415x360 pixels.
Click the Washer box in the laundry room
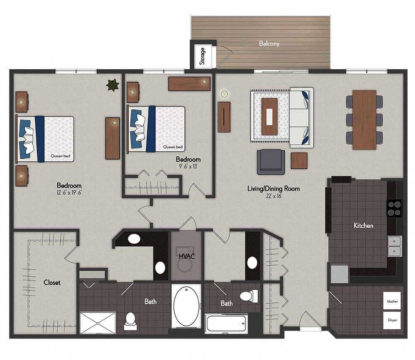392,301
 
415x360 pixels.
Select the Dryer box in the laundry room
392,320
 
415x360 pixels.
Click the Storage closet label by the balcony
203,56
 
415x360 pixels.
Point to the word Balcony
269,43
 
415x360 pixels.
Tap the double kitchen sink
394,246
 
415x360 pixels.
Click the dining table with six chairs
364,119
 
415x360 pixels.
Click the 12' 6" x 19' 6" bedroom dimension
69,193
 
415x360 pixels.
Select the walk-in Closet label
52,282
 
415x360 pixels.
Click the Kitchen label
363,226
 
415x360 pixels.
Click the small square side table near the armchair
299,161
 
